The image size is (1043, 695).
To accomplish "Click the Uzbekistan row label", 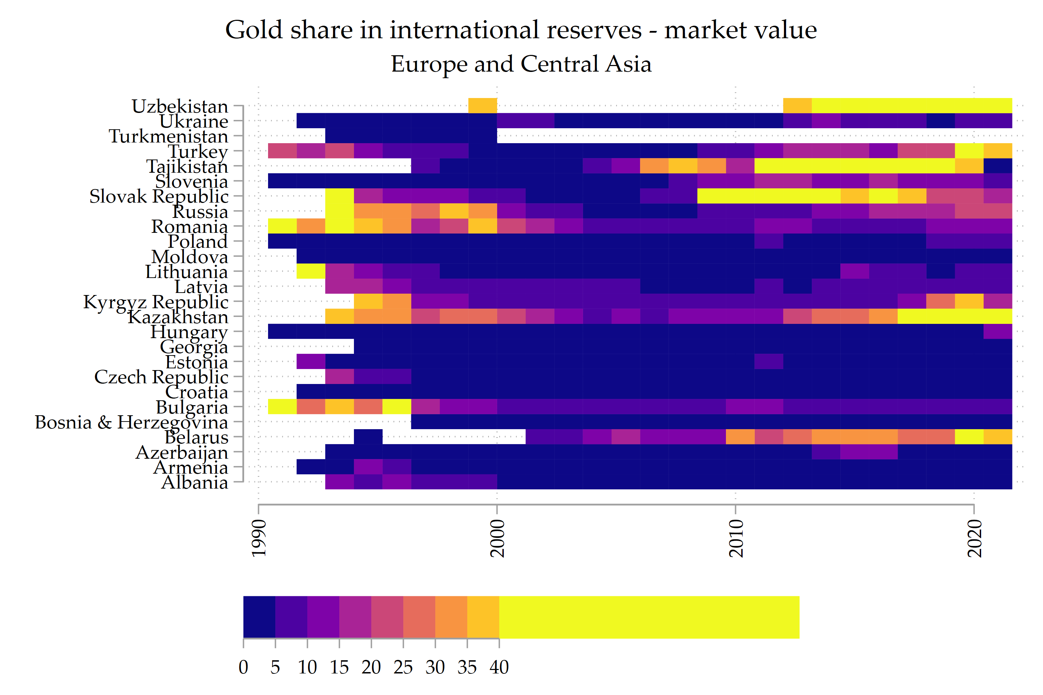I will [x=180, y=106].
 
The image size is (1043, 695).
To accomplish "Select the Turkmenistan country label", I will [x=169, y=137].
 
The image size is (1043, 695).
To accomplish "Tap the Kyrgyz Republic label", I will [x=156, y=302].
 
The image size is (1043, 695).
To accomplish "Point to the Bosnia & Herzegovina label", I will [x=131, y=423].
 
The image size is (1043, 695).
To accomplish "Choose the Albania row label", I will [x=195, y=483].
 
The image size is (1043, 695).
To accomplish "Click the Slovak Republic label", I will [x=159, y=196].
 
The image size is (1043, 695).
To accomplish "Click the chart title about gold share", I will [x=521, y=30].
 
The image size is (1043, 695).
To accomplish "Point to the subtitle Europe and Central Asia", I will [x=521, y=64].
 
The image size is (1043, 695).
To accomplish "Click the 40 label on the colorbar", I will [x=499, y=668].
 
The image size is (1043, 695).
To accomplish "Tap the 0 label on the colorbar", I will [x=243, y=668].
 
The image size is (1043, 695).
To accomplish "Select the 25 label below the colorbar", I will [x=403, y=668].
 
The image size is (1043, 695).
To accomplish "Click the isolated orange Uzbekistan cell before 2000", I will [x=483, y=106].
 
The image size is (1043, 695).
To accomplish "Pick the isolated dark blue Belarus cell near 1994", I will [x=368, y=436].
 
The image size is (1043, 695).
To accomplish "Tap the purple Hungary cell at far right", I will [x=998, y=332].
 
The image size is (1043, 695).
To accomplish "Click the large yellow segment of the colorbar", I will [x=649, y=618].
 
